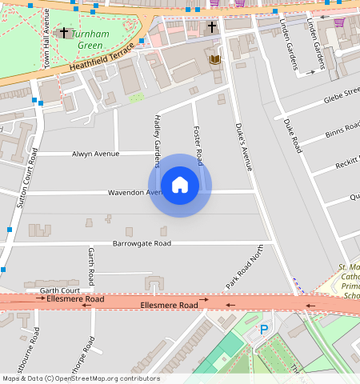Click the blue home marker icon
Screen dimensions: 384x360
point(180,186)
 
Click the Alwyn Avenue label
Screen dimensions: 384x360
point(94,154)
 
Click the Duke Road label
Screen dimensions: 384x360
point(292,135)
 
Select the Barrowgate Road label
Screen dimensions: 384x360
point(142,243)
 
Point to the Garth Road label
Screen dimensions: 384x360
point(91,266)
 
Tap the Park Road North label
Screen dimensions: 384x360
point(244,268)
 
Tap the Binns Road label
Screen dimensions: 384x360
point(343,132)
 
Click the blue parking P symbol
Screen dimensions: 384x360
point(264,329)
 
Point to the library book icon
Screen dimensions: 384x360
point(214,59)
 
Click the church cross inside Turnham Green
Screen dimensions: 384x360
point(64,32)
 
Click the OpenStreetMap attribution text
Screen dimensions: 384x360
point(80,378)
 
